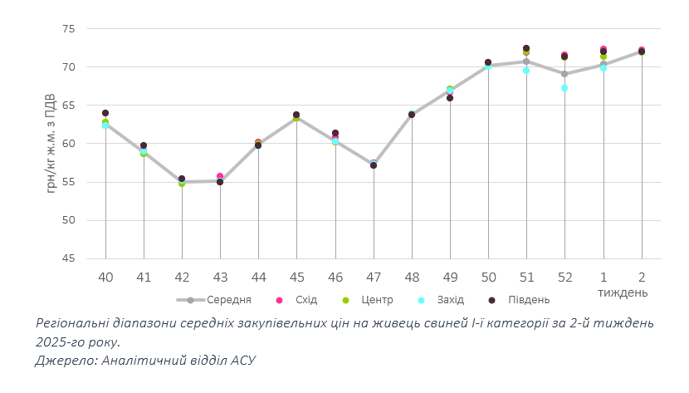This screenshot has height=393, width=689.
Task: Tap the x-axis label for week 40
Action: coord(105,277)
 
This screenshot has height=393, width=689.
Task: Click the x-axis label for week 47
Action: coord(374,277)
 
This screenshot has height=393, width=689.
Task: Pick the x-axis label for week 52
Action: coord(564,277)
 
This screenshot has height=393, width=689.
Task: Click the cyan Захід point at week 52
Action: coord(564,87)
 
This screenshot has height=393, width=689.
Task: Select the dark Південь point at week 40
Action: coord(105,113)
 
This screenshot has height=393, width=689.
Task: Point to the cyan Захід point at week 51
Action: coord(526,71)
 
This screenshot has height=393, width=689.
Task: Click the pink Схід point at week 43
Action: coord(220,176)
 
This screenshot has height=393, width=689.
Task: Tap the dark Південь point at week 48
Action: coord(412,115)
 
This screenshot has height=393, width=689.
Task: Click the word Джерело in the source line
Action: coord(65,360)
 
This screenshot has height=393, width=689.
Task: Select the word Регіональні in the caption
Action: coord(76,322)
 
